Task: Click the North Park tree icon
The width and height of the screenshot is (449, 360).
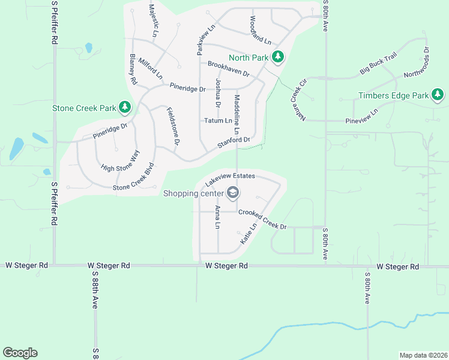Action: tap(277, 58)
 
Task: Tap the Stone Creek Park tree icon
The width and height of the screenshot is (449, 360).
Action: tap(125, 108)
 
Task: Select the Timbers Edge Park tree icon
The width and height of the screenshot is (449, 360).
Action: tap(438, 95)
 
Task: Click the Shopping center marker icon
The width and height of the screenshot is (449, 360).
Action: tap(233, 193)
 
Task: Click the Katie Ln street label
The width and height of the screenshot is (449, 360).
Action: tap(248, 232)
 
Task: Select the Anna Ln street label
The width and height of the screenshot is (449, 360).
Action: tap(218, 217)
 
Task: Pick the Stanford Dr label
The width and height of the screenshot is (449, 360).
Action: tap(233, 143)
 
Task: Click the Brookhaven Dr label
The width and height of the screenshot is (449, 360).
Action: tap(228, 68)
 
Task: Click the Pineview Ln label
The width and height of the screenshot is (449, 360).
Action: tap(361, 116)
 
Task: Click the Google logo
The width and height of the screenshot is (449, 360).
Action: tap(20, 353)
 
